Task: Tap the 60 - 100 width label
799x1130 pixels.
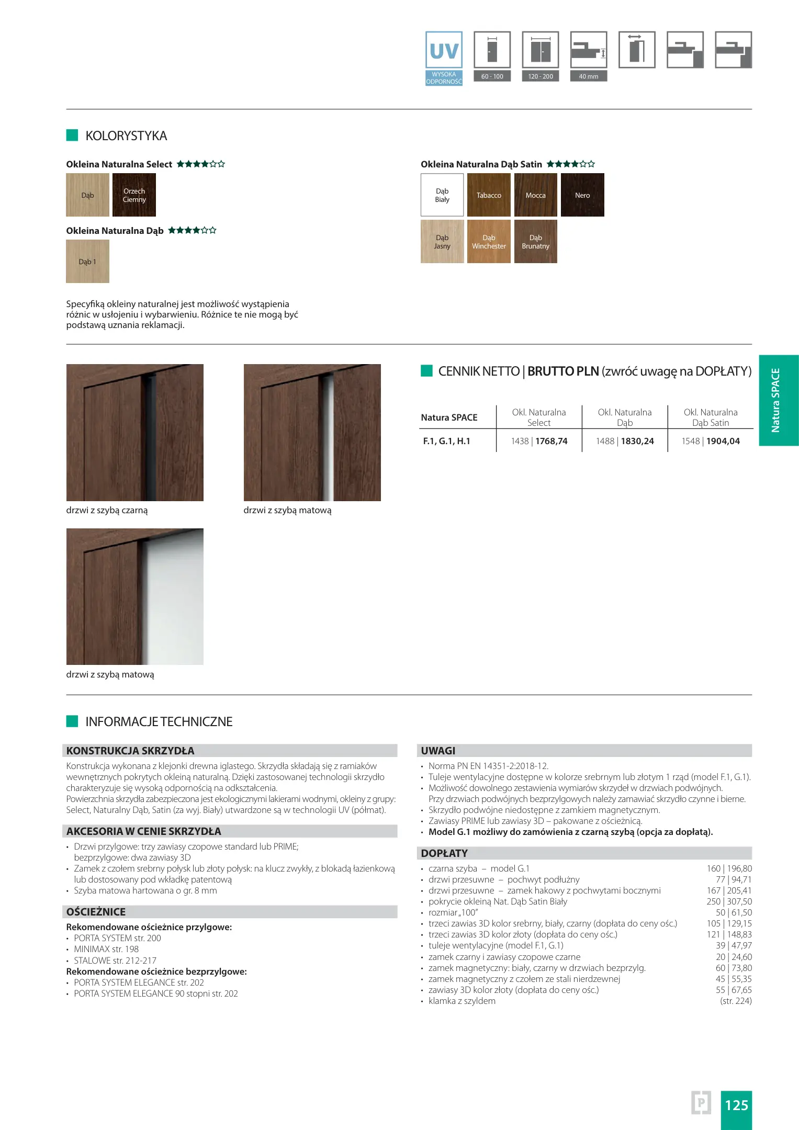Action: point(492,76)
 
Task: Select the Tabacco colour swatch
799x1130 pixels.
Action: point(489,195)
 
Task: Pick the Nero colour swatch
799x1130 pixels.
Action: point(582,195)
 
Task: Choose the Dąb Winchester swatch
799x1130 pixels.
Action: point(489,242)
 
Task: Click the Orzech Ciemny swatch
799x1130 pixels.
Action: point(134,195)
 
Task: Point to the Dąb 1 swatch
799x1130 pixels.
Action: point(87,262)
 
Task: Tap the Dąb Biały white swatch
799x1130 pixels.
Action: point(442,195)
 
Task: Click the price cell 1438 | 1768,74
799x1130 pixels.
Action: point(539,441)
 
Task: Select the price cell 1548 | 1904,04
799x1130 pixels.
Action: point(711,441)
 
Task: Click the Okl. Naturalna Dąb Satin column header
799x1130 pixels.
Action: point(711,417)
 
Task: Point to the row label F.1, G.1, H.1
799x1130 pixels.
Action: point(446,441)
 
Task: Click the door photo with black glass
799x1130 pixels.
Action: point(135,433)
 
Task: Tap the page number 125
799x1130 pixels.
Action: point(736,1105)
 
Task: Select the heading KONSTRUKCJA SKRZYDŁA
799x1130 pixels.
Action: point(130,751)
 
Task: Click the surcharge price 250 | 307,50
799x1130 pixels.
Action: point(729,901)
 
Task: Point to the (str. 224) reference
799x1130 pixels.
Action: point(736,1001)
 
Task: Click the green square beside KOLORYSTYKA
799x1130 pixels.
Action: point(72,135)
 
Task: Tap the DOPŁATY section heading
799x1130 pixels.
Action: point(444,853)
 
